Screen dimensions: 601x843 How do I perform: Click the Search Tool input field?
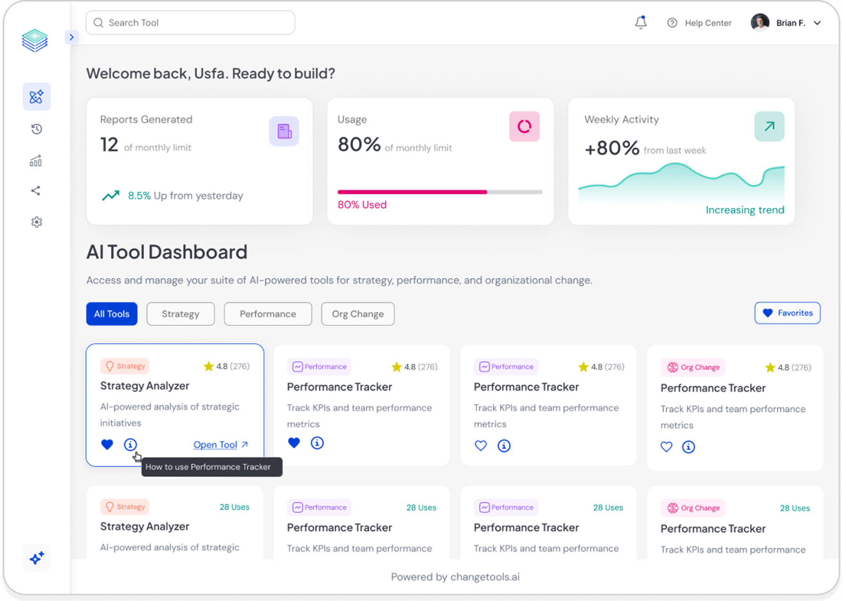pyautogui.click(x=190, y=23)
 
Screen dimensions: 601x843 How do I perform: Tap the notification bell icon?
pyautogui.click(x=640, y=22)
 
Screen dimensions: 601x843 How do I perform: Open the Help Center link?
pyautogui.click(x=699, y=23)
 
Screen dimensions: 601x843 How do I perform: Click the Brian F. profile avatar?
pyautogui.click(x=760, y=22)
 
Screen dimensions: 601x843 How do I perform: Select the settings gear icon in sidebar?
pyautogui.click(x=36, y=222)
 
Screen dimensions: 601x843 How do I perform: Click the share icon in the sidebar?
pyautogui.click(x=36, y=191)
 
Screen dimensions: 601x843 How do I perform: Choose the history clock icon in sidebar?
pyautogui.click(x=36, y=129)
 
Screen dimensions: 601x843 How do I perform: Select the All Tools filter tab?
pyautogui.click(x=111, y=314)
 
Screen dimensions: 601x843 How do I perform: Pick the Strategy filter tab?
pyautogui.click(x=180, y=314)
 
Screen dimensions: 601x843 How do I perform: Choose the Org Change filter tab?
pyautogui.click(x=358, y=314)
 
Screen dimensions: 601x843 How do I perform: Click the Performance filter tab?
pyautogui.click(x=268, y=314)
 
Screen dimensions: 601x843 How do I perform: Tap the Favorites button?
pyautogui.click(x=787, y=313)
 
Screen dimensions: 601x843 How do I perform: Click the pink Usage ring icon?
pyautogui.click(x=524, y=127)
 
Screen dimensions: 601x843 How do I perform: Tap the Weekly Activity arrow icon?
pyautogui.click(x=769, y=127)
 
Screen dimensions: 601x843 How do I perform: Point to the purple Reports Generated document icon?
pyautogui.click(x=284, y=131)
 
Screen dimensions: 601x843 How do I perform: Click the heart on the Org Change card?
pyautogui.click(x=666, y=447)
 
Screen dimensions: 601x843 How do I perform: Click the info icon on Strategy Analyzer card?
pyautogui.click(x=130, y=444)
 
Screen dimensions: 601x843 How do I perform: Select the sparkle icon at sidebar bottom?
pyautogui.click(x=36, y=558)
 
